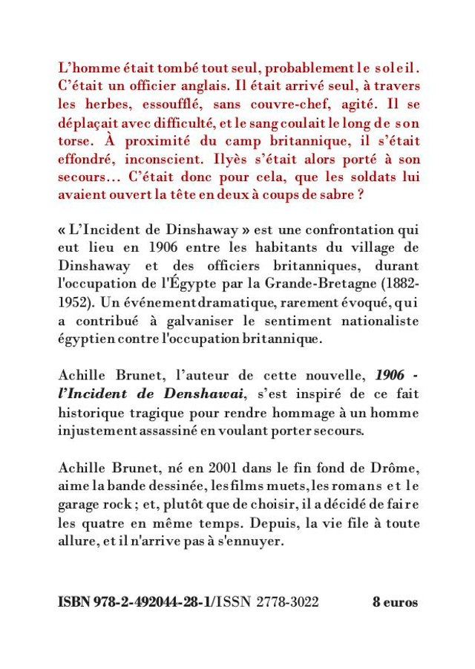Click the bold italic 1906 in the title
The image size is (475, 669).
(390, 375)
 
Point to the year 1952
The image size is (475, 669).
(73, 303)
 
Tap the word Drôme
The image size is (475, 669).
(397, 466)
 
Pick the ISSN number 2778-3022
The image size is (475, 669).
(287, 602)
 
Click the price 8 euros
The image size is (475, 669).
(395, 602)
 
